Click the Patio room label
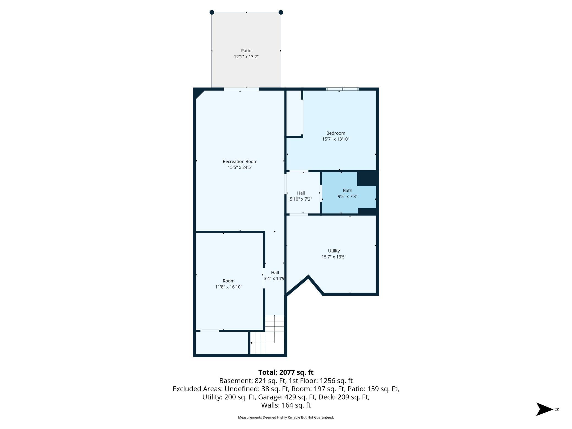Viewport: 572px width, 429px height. [x=246, y=51]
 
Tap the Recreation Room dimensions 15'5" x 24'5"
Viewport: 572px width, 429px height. [x=240, y=167]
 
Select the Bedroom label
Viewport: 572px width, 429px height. [x=335, y=133]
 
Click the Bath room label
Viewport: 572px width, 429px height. [x=347, y=190]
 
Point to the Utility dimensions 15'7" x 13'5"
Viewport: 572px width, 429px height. [x=334, y=257]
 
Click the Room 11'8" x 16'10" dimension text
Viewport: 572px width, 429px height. [x=228, y=287]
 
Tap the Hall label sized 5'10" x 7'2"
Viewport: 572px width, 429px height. [x=301, y=193]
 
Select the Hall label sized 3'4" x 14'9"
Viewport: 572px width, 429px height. [x=275, y=273]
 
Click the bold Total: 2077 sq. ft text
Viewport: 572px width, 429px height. [x=286, y=372]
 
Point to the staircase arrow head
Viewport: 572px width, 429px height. [x=251, y=343]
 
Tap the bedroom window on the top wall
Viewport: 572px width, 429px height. [x=342, y=89]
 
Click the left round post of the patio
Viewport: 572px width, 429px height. [x=212, y=12]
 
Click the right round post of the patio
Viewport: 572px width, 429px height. [x=281, y=12]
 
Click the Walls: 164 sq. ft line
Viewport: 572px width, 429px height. [x=286, y=405]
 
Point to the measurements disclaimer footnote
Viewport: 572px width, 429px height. [x=286, y=417]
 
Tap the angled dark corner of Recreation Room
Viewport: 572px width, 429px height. [x=198, y=93]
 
